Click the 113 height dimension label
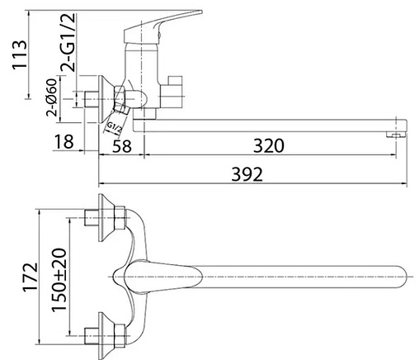coord(20,55)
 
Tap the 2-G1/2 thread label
coord(68,42)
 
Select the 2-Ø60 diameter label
coord(52,97)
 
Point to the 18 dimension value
coord(64,142)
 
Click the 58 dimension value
coord(122,146)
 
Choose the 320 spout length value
coord(268,146)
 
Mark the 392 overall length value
coord(247,174)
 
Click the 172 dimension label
coord(30,277)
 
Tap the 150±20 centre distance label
coord(59,280)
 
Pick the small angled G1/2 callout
coord(115,128)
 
